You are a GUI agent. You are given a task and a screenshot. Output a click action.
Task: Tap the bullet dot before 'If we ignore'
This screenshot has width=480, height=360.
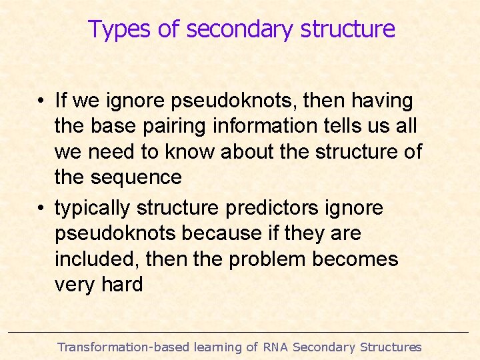pyautogui.click(x=41, y=101)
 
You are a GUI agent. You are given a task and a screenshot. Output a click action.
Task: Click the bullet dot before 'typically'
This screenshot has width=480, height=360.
pyautogui.click(x=41, y=209)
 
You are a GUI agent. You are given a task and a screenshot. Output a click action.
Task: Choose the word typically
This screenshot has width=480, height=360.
pyautogui.click(x=92, y=209)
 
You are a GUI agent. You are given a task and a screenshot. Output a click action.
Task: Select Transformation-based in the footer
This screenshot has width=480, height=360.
pyautogui.click(x=123, y=347)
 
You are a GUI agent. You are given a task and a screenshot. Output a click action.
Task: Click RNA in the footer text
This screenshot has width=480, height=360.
pyautogui.click(x=275, y=347)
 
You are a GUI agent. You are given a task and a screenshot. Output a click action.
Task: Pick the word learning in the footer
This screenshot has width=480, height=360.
pyautogui.click(x=218, y=347)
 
